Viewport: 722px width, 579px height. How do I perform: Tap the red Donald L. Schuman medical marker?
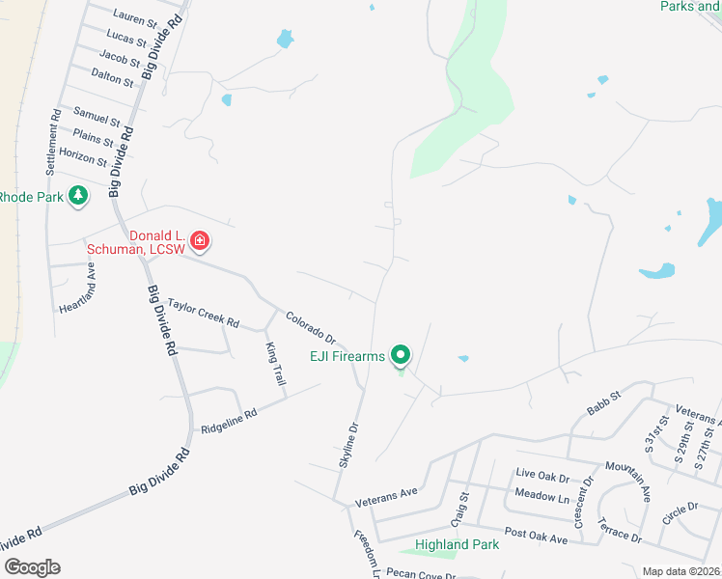pyautogui.click(x=200, y=240)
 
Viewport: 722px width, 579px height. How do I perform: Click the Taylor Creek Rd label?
pyautogui.click(x=203, y=313)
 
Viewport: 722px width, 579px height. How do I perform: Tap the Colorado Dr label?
pyautogui.click(x=310, y=327)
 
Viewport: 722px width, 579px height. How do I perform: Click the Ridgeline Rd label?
pyautogui.click(x=229, y=422)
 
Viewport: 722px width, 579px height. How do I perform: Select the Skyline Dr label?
pyautogui.click(x=348, y=445)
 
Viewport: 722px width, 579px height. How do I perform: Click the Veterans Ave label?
pyautogui.click(x=386, y=497)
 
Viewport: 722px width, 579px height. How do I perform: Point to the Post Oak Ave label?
pyautogui.click(x=536, y=534)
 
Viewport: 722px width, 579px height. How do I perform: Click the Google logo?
pyautogui.click(x=31, y=566)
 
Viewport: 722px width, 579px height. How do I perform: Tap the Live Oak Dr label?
pyautogui.click(x=542, y=475)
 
